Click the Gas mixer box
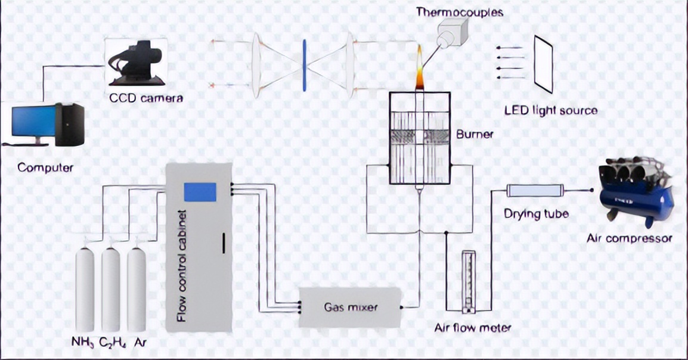point(350,308)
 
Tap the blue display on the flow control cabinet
point(200,191)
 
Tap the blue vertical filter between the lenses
point(304,66)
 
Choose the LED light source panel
point(543,64)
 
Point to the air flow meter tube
point(469,281)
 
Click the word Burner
point(475,134)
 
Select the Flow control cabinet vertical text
point(182,266)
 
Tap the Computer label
point(45,168)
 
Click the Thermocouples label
point(460,12)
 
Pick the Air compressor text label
point(629,238)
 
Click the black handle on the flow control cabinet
point(224,243)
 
